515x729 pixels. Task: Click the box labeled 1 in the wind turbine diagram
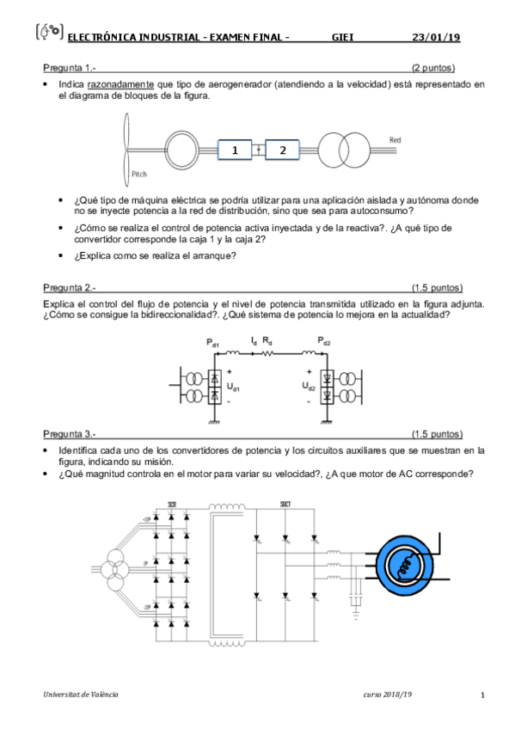pyautogui.click(x=234, y=150)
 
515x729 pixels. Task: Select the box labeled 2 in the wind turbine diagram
pyautogui.click(x=282, y=150)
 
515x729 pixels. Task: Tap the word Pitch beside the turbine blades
pyautogui.click(x=139, y=174)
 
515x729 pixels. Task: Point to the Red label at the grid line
pyautogui.click(x=395, y=139)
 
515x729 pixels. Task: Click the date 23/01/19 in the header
pyautogui.click(x=436, y=37)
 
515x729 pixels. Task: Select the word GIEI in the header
pyautogui.click(x=343, y=37)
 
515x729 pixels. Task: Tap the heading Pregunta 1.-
pyautogui.click(x=69, y=67)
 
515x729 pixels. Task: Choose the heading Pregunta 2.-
pyautogui.click(x=69, y=287)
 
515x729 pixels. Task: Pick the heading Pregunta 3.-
pyautogui.click(x=69, y=434)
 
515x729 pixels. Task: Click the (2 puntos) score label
pyautogui.click(x=432, y=67)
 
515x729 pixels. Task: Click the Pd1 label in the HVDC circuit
pyautogui.click(x=212, y=343)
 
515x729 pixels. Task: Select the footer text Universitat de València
pyautogui.click(x=82, y=694)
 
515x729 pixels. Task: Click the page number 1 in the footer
pyautogui.click(x=482, y=695)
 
